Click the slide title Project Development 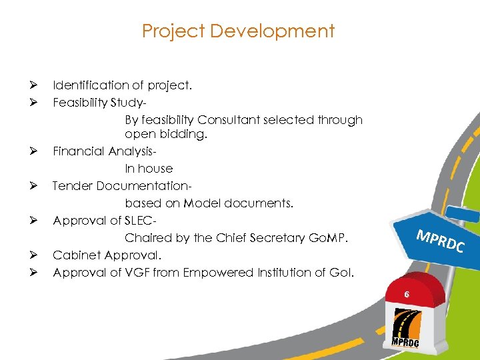point(239,31)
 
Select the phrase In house point(149,169)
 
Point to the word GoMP point(330,238)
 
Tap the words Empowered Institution point(252,273)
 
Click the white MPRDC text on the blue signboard point(440,241)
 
